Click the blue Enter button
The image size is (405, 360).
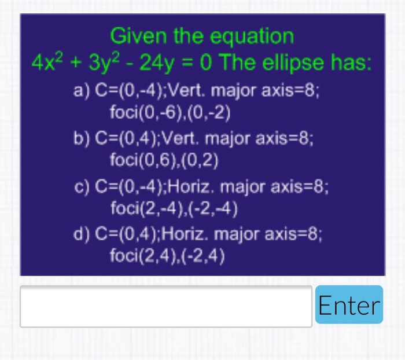tap(349, 304)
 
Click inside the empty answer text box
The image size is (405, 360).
tap(166, 306)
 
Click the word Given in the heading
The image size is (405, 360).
tap(134, 36)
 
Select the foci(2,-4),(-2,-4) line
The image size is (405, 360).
tap(174, 208)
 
